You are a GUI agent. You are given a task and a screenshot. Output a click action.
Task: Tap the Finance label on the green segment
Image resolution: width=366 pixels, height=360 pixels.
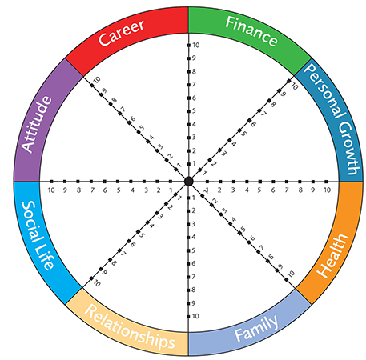click(x=251, y=31)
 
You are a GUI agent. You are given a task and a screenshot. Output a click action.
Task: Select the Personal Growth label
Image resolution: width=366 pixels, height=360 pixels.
click(x=332, y=119)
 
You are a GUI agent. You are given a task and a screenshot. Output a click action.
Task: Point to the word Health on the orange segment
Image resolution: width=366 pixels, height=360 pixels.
click(x=332, y=256)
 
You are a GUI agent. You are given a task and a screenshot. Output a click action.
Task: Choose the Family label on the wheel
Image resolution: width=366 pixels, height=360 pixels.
click(x=256, y=328)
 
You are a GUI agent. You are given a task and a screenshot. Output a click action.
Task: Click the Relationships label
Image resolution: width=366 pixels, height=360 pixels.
click(x=130, y=326)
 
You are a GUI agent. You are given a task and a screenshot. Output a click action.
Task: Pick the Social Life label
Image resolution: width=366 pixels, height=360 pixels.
click(x=38, y=235)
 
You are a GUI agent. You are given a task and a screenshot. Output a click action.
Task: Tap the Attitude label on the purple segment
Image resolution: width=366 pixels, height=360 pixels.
click(x=36, y=124)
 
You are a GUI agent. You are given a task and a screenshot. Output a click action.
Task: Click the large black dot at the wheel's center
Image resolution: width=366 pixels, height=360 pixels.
click(x=189, y=181)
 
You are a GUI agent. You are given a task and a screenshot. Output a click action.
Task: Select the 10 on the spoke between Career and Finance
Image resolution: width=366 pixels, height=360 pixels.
click(x=196, y=45)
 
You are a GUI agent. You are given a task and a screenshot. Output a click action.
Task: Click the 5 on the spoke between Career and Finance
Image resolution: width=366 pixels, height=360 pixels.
click(x=194, y=110)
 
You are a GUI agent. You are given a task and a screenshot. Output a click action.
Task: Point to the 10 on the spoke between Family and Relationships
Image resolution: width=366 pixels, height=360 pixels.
click(x=195, y=316)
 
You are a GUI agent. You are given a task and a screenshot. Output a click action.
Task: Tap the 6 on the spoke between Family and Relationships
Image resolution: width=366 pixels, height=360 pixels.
click(x=194, y=263)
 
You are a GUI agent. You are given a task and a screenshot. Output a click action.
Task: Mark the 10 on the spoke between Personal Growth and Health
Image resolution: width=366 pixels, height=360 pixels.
click(x=328, y=190)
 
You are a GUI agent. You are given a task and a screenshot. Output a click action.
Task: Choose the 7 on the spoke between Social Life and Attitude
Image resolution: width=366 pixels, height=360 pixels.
click(x=92, y=190)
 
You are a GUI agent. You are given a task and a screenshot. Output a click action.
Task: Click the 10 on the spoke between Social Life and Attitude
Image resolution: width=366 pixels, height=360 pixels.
click(x=51, y=190)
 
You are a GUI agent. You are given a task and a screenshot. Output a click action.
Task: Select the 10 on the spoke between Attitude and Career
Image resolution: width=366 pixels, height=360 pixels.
click(x=97, y=79)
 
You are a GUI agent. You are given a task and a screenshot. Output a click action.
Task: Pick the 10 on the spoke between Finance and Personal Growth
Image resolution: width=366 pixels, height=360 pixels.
click(x=294, y=86)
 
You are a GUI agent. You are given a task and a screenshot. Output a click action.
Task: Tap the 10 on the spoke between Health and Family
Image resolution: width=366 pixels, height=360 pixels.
click(x=292, y=274)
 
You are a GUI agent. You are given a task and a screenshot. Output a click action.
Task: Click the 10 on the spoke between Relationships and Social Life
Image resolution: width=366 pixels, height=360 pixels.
click(x=97, y=283)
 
